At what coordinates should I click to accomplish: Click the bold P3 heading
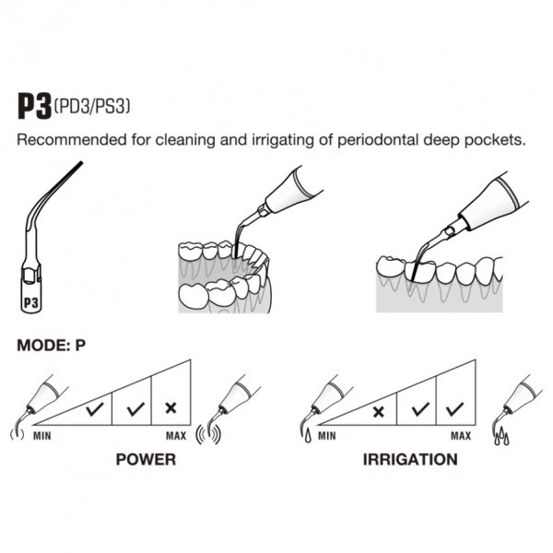pyautogui.click(x=34, y=106)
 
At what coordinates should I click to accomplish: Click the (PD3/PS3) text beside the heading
pyautogui.click(x=92, y=106)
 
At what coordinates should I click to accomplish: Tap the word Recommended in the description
pyautogui.click(x=72, y=140)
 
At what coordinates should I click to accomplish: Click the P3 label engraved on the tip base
pyautogui.click(x=31, y=302)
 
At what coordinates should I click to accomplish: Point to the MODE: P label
pyautogui.click(x=51, y=346)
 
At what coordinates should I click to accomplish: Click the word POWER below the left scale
pyautogui.click(x=146, y=460)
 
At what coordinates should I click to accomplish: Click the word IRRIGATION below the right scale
pyautogui.click(x=410, y=460)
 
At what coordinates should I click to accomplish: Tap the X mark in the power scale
pyautogui.click(x=171, y=408)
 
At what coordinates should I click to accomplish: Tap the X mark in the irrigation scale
pyautogui.click(x=379, y=412)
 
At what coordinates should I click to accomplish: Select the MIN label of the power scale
pyautogui.click(x=42, y=436)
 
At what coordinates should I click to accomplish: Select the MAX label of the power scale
pyautogui.click(x=176, y=436)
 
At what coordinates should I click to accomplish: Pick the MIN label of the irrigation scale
pyautogui.click(x=327, y=436)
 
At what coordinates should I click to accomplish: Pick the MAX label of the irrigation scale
pyautogui.click(x=461, y=436)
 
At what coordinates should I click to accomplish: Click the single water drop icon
pyautogui.click(x=308, y=436)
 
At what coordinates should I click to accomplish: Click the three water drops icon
pyautogui.click(x=501, y=437)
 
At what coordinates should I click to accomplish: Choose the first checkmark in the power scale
pyautogui.click(x=95, y=409)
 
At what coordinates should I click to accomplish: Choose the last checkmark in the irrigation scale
pyautogui.click(x=454, y=409)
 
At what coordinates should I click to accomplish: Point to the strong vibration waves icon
pyautogui.click(x=208, y=434)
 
